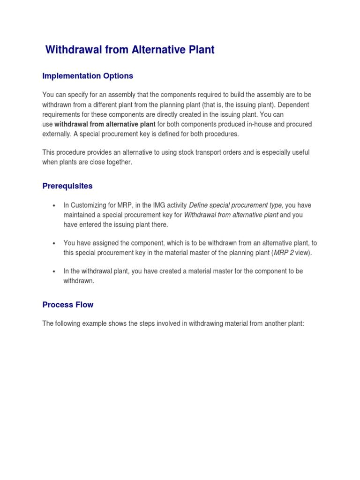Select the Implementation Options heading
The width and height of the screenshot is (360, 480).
(x=88, y=76)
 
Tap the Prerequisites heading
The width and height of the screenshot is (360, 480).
(x=67, y=186)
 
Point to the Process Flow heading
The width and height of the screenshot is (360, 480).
(x=68, y=305)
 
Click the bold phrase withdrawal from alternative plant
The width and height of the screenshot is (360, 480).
(x=105, y=124)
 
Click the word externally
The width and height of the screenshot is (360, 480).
(x=57, y=134)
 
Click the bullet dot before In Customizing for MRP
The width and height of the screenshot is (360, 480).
(x=54, y=206)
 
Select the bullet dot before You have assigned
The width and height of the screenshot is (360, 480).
(x=54, y=243)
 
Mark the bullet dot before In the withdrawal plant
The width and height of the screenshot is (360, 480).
(x=54, y=272)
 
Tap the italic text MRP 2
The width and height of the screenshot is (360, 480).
(x=281, y=253)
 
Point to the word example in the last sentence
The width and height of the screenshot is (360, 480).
(x=95, y=323)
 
